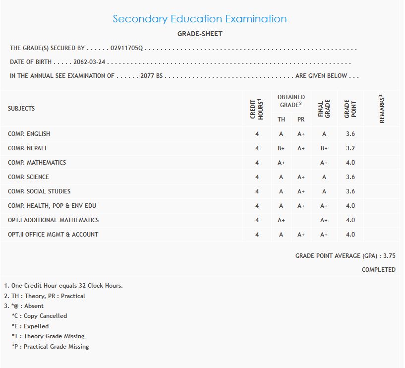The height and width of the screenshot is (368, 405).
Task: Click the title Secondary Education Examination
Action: click(200, 19)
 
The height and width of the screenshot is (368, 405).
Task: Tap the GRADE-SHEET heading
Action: click(200, 34)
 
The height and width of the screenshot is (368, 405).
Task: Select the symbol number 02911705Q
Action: click(126, 48)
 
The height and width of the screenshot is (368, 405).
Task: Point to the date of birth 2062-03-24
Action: click(90, 62)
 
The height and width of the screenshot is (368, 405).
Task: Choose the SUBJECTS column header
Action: click(21, 109)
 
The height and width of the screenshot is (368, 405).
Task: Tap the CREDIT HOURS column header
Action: click(256, 109)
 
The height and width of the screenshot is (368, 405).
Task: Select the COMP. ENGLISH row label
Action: click(29, 134)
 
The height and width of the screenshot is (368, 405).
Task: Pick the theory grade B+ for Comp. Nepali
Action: click(281, 148)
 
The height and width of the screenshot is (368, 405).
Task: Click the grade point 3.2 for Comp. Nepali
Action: click(350, 148)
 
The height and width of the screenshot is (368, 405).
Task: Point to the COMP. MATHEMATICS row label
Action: click(37, 163)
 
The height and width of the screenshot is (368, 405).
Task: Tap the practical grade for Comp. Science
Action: click(301, 177)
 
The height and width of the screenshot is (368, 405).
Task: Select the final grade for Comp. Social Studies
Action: click(324, 191)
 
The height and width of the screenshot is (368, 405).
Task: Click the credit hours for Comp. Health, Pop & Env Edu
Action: click(257, 206)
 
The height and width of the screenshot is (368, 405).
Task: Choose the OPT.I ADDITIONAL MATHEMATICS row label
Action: click(53, 220)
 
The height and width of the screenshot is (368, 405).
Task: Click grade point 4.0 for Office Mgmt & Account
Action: click(350, 235)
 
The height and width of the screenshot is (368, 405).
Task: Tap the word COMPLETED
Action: click(379, 270)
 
